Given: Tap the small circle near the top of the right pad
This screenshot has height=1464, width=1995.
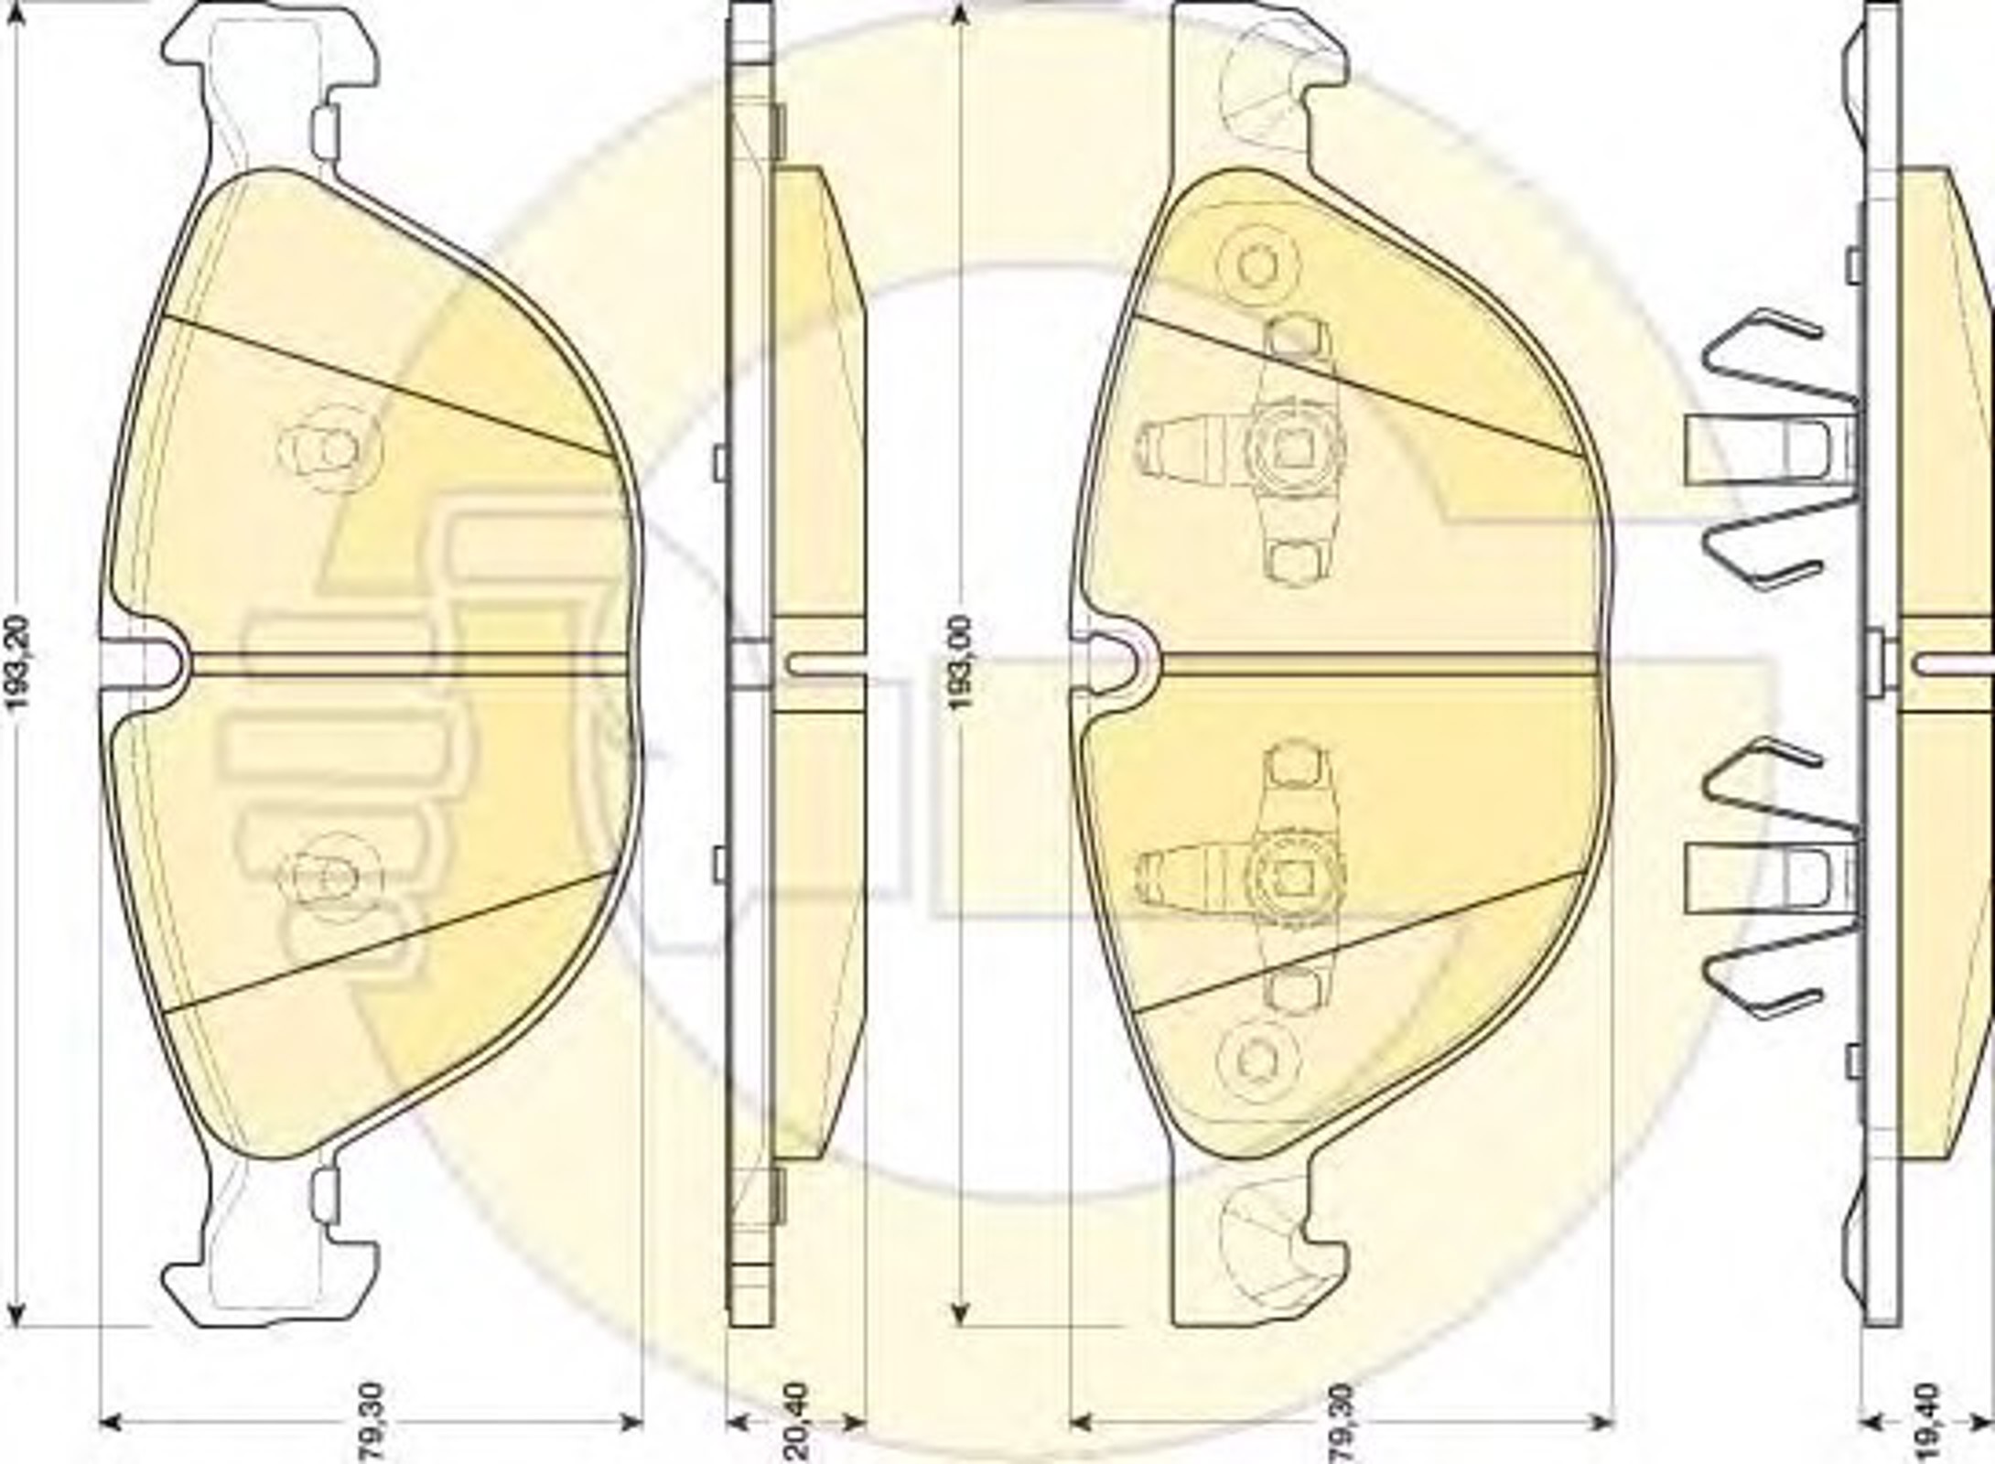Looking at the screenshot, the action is [1256, 262].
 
